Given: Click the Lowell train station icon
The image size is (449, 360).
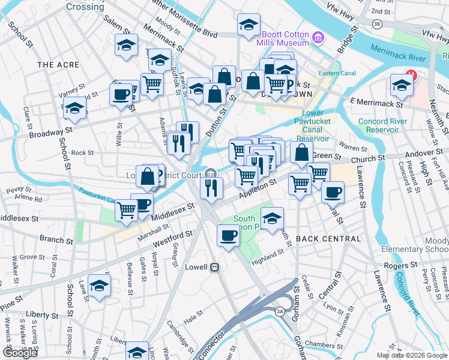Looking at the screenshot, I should (214, 267).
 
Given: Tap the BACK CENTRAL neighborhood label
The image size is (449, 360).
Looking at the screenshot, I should (328, 239).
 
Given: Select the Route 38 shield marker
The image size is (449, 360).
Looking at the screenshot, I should (376, 24).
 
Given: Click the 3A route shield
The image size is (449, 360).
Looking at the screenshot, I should (280, 311).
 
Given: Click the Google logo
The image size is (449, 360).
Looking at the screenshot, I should (19, 353).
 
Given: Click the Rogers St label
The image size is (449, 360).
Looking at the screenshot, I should (401, 265).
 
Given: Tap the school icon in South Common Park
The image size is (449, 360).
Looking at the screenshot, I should (272, 218).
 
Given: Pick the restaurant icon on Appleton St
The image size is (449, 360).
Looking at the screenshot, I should (212, 187).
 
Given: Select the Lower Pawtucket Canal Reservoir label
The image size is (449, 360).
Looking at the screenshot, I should (313, 125).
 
